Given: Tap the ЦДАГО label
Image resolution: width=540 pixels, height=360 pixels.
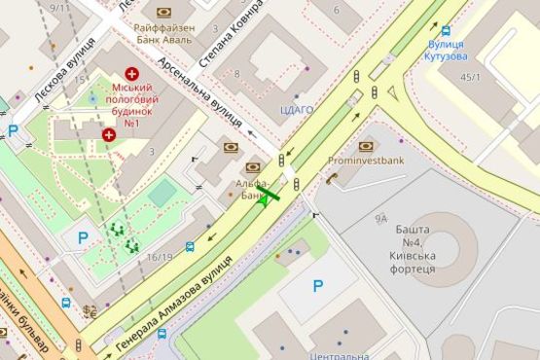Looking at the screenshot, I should click(297, 110).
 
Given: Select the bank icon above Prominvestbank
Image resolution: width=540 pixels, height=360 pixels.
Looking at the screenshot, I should click(367, 146).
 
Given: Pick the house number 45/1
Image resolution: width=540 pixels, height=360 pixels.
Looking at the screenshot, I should click(471, 77).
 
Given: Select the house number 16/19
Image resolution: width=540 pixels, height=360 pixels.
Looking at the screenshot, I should click(161, 257).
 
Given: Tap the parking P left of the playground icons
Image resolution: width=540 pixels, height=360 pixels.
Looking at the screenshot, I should click(83, 236).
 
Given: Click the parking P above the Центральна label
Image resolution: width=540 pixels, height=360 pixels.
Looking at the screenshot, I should click(317, 286).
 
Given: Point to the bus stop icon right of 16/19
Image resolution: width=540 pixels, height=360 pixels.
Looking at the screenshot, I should click(190, 247).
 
